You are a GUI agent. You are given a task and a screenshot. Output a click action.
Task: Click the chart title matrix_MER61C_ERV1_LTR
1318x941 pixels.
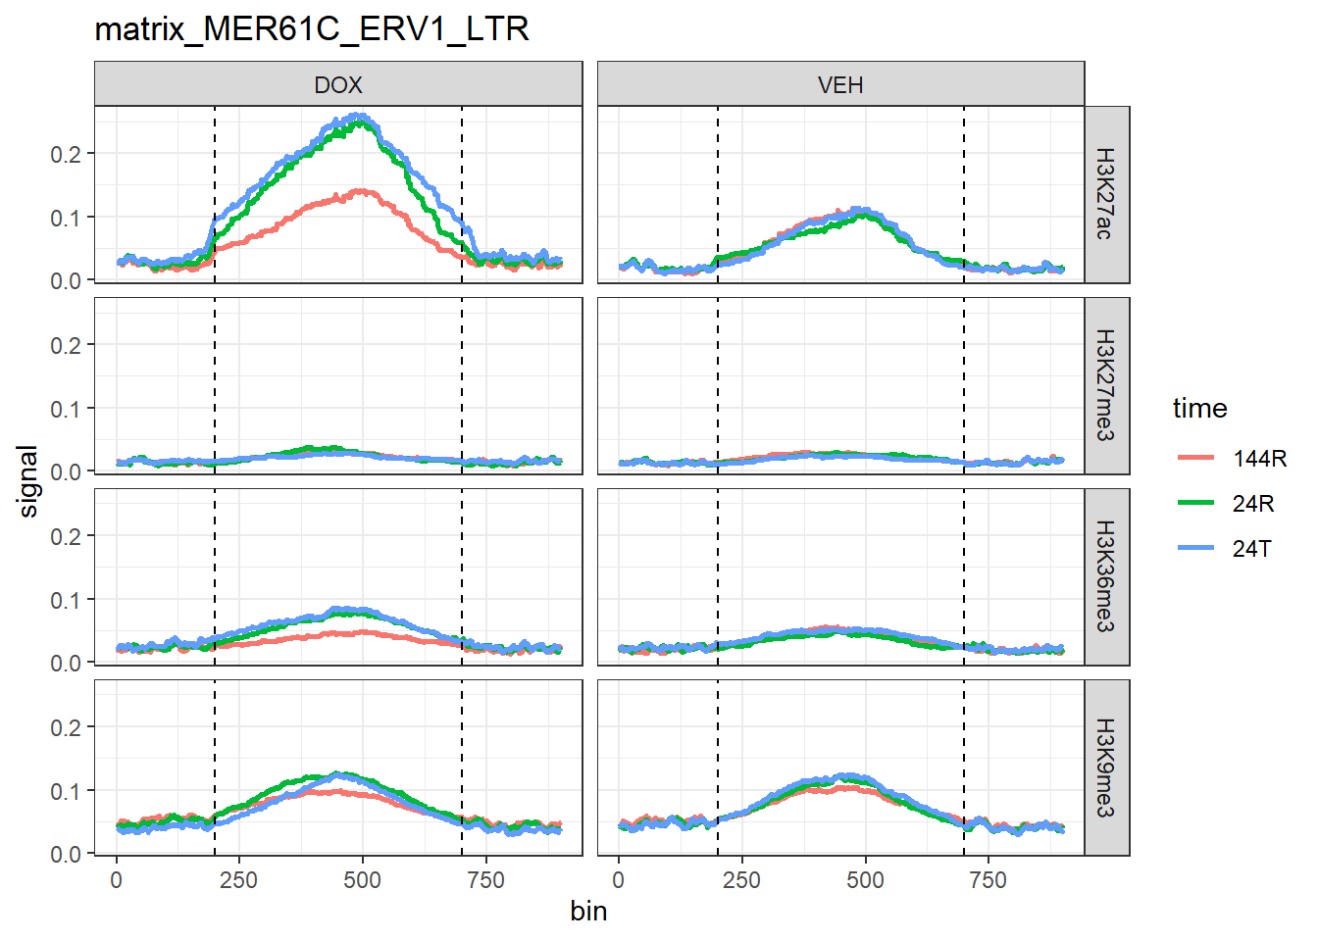pos(312,29)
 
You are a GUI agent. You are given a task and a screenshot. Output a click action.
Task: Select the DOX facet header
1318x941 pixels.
pos(338,85)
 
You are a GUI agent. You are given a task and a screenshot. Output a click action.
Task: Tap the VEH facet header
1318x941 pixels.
pos(840,85)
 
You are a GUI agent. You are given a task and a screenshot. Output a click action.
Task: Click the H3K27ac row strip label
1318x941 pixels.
pos(1105,194)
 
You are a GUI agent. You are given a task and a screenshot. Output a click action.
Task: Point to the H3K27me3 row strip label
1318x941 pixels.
pos(1105,385)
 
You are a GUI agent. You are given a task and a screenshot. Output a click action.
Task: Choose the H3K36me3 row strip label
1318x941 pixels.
pos(1105,576)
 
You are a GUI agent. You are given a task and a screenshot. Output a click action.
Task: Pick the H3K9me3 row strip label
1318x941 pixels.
pos(1105,768)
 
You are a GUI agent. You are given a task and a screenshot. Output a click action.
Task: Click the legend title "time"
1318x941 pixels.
pos(1199,408)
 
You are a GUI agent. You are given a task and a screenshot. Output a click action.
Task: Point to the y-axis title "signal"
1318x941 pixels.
pos(28,481)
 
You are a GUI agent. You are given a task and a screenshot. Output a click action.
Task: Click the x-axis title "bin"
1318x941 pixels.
pos(588,912)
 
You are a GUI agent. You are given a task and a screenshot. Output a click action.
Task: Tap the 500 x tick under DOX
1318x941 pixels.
pos(363,880)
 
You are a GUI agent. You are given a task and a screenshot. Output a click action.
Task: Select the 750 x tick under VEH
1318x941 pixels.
pos(988,880)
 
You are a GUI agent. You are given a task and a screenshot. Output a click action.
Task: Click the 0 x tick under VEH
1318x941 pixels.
pos(618,880)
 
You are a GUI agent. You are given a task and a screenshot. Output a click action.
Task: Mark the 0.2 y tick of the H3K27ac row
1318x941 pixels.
pos(67,154)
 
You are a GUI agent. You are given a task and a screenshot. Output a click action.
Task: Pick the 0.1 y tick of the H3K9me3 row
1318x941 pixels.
pos(67,791)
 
